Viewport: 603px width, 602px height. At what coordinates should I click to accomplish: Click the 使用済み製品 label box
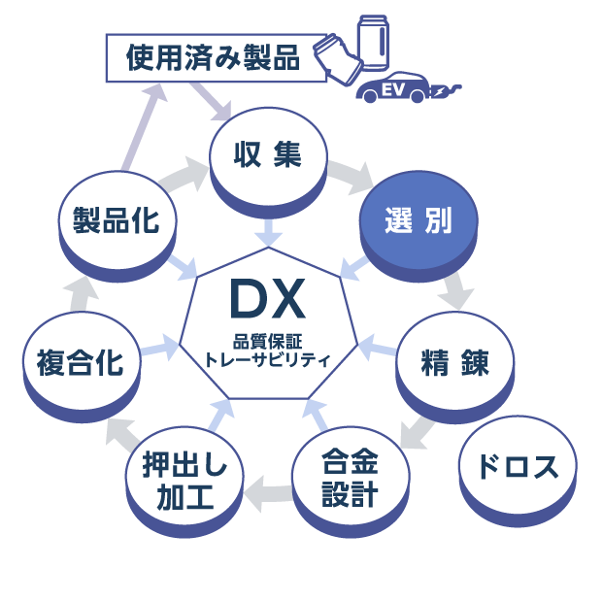[212, 58]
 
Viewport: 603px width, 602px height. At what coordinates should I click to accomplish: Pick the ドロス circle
[518, 467]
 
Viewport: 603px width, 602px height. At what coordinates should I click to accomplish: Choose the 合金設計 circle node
[350, 478]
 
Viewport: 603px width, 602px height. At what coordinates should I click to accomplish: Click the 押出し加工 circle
[184, 482]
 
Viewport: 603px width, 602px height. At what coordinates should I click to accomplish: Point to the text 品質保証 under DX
[268, 340]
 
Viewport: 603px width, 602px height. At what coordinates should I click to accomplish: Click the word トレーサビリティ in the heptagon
[268, 359]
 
